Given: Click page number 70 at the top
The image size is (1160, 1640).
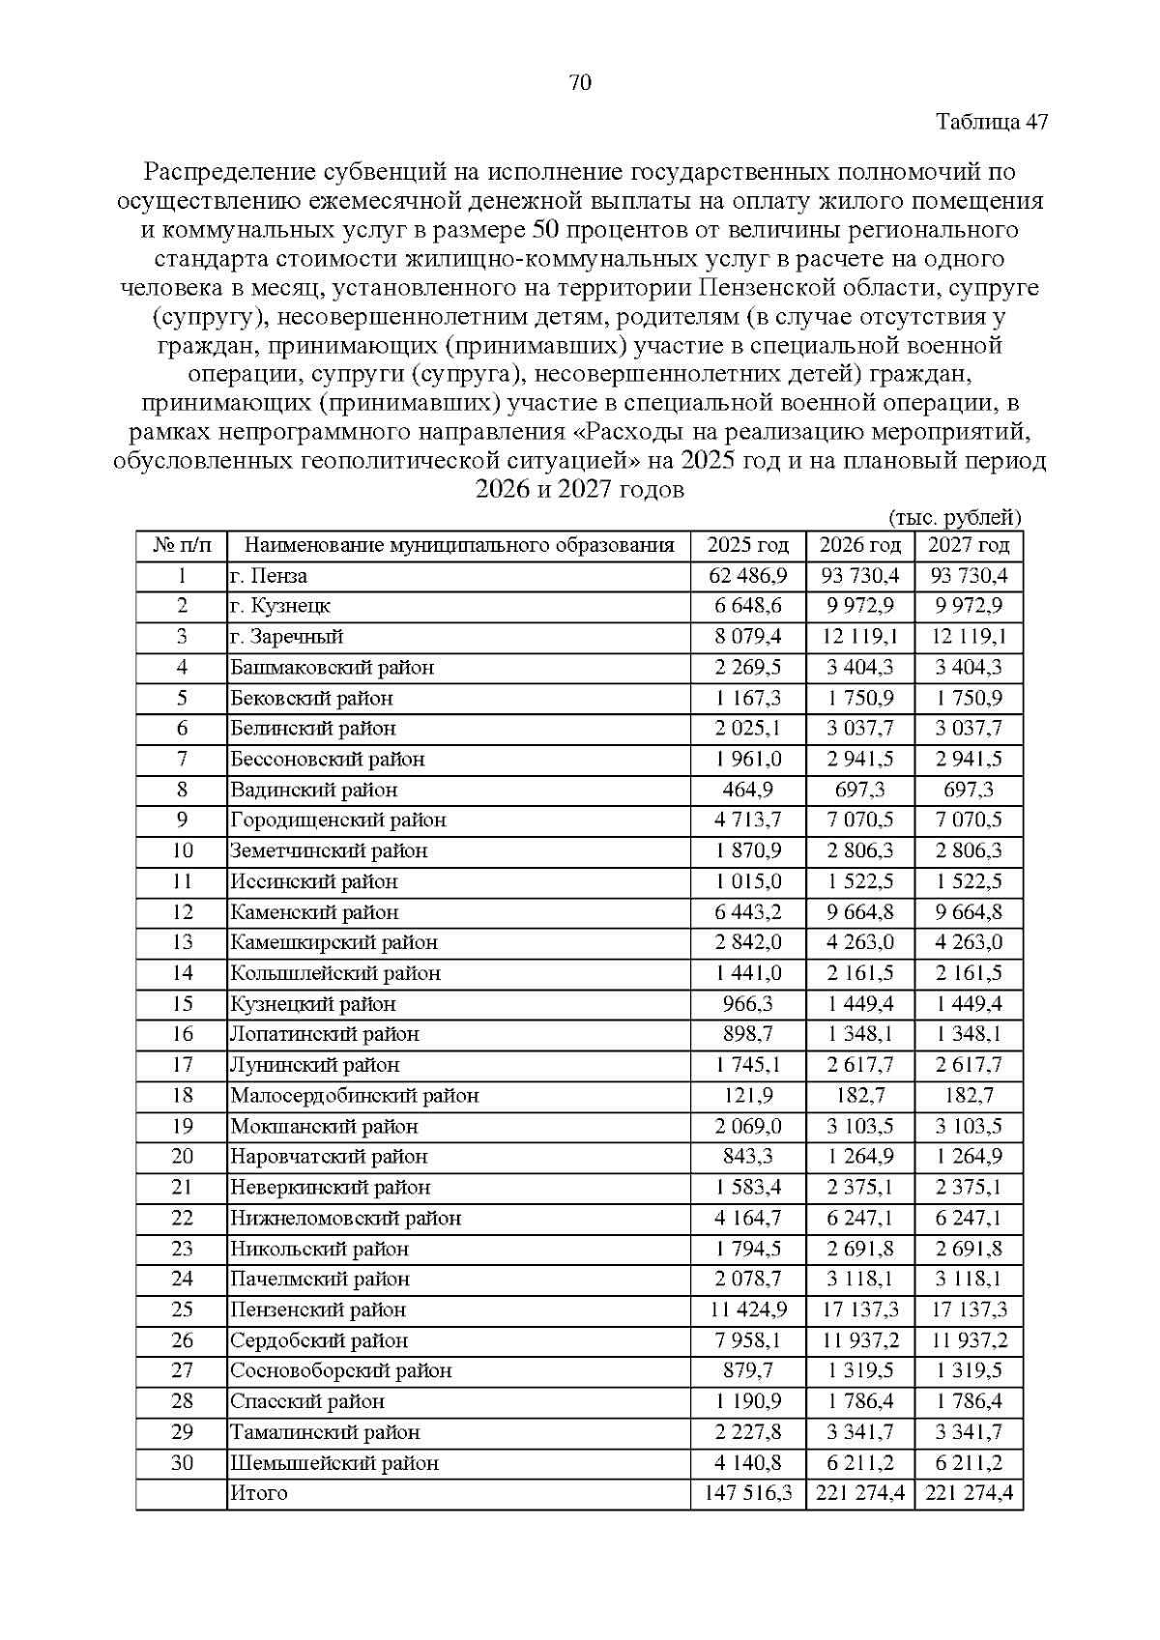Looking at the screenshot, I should (x=580, y=83).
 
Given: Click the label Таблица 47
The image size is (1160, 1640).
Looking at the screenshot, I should (x=992, y=123).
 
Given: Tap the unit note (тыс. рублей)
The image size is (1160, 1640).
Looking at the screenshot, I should (x=953, y=518).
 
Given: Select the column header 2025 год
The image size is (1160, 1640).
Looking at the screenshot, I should (x=748, y=545).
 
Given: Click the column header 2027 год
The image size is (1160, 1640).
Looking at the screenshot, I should (x=969, y=545).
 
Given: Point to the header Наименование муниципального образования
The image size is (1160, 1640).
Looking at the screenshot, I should (x=459, y=545).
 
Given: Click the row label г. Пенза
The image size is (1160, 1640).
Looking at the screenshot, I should (x=269, y=576).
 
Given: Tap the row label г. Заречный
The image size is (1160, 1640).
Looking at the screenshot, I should (x=287, y=637).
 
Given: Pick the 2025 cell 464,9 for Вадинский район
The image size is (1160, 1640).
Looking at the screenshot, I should (x=748, y=790).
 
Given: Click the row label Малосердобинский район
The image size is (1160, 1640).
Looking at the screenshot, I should (x=354, y=1096).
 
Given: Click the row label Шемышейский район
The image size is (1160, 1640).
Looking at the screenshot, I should (x=333, y=1463).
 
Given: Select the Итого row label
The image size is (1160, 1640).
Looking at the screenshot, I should (x=259, y=1493).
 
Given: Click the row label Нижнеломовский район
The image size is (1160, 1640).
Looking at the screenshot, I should (x=345, y=1218).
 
